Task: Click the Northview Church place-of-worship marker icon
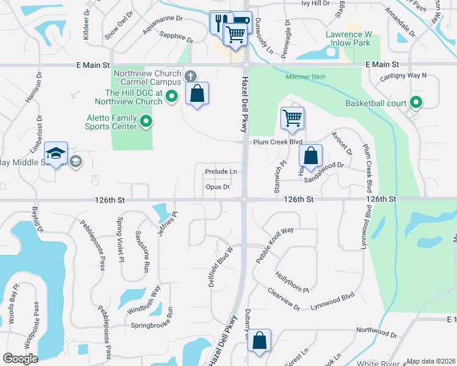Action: (x=191, y=77)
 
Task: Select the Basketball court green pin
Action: (x=417, y=102)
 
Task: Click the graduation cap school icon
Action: (x=56, y=153)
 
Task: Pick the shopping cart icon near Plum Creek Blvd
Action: (x=292, y=118)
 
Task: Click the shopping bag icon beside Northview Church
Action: (x=197, y=94)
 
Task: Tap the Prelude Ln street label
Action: (x=221, y=172)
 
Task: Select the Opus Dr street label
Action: (x=218, y=187)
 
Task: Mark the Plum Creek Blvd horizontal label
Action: (x=278, y=142)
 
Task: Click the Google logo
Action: (x=20, y=359)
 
